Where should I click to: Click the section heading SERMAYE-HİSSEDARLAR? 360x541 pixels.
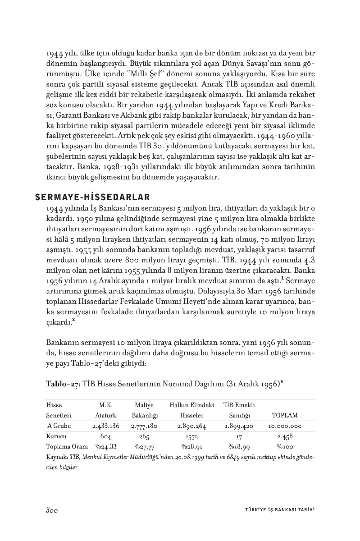pos(92,197)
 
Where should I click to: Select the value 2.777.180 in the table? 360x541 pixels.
pos(144,426)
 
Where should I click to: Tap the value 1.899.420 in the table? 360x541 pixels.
pos(239,426)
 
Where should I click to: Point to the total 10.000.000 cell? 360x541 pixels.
pos(285,426)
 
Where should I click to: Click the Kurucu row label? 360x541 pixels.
pos(56,436)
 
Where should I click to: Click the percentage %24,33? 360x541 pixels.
pos(105,447)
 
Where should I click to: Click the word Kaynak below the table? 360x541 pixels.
pos(56,457)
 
